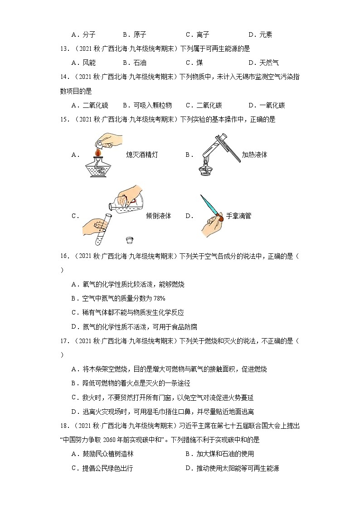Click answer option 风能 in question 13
pyautogui.click(x=89, y=63)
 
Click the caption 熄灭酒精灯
pyautogui.click(x=142, y=155)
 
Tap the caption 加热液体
pyautogui.click(x=254, y=155)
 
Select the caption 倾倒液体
pyautogui.click(x=159, y=216)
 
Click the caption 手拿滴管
pyautogui.click(x=238, y=216)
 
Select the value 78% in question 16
pyautogui.click(x=159, y=299)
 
